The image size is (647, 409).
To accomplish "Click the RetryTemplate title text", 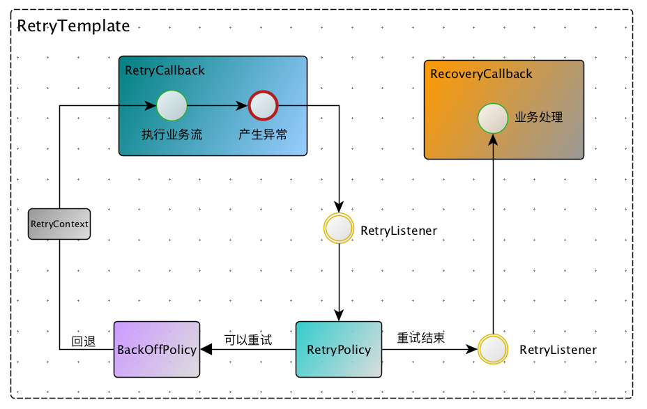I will tap(73, 26).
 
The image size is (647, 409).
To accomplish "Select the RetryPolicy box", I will tap(339, 349).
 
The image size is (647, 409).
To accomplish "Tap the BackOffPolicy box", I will tap(157, 349).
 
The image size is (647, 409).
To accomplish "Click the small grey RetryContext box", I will tap(60, 224).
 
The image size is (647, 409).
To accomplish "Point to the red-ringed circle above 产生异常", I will tap(264, 106).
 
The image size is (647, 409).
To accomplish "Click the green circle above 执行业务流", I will tap(172, 106).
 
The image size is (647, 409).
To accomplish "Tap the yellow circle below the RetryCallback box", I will tap(339, 229).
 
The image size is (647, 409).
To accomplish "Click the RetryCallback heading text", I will tap(165, 70).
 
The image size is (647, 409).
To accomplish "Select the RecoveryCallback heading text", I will tap(481, 74).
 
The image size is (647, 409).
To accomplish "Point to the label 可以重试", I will tap(248, 340).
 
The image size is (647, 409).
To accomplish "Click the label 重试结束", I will tap(421, 338).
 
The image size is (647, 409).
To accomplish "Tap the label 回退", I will tap(83, 341).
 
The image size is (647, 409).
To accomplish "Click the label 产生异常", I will tap(263, 134).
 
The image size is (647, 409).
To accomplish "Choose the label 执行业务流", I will tap(172, 134).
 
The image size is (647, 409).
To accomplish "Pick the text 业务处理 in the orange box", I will tap(538, 118).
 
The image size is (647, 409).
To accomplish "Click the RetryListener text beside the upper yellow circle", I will tap(399, 231).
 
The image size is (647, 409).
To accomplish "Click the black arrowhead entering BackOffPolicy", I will tap(206, 349).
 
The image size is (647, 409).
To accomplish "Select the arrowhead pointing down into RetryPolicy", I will tap(339, 316).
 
